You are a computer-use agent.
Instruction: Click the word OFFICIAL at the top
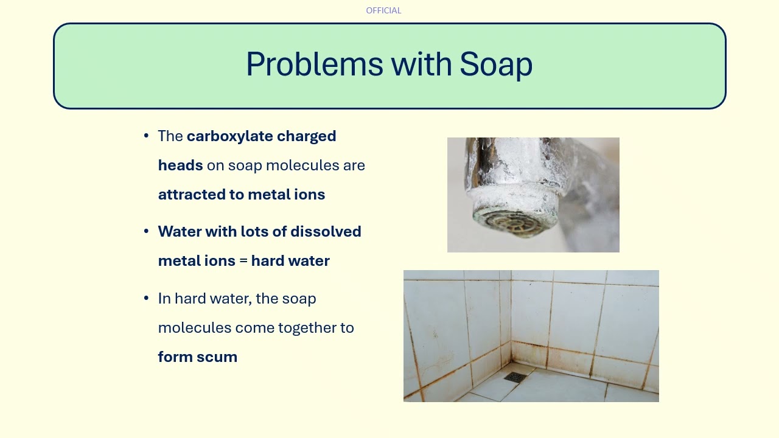click(x=383, y=10)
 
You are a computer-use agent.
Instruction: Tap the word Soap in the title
click(x=496, y=64)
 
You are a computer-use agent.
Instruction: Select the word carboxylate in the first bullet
click(x=230, y=136)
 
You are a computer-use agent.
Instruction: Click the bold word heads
click(x=180, y=165)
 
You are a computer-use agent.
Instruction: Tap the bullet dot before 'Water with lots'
click(x=146, y=232)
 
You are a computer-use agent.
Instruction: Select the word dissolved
click(x=326, y=232)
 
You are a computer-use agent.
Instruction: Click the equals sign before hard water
click(x=243, y=261)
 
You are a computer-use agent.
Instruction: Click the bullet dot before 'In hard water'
click(x=146, y=299)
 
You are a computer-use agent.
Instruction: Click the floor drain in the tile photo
click(x=515, y=377)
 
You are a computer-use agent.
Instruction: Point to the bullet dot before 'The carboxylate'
click(x=146, y=136)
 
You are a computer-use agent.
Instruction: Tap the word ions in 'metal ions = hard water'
click(x=220, y=261)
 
